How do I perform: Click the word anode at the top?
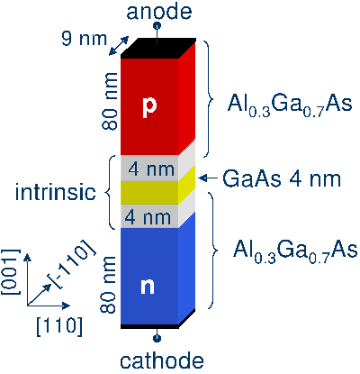pos(159,12)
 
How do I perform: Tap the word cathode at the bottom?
pos(162,360)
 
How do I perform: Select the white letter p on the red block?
pos(149,107)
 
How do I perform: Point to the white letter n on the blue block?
pos(148,287)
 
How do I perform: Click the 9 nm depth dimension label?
pos(85,39)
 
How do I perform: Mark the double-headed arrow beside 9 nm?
pos(119,46)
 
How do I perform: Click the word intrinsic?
pos(56,192)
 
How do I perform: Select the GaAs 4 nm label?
pos(282,179)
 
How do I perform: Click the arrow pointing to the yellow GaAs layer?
pos(208,178)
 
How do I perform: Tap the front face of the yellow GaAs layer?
pos(149,193)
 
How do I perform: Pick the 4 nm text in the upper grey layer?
pos(151,169)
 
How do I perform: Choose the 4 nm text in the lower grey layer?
pos(148,217)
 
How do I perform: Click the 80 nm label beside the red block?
pos(109,101)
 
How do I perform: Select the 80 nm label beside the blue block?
pos(108,285)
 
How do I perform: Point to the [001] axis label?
pos(11,272)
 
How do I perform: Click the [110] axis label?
pos(59,326)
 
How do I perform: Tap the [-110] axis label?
pos(74,265)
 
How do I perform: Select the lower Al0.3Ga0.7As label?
pos(295,251)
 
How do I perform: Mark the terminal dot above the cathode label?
pos(157,339)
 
